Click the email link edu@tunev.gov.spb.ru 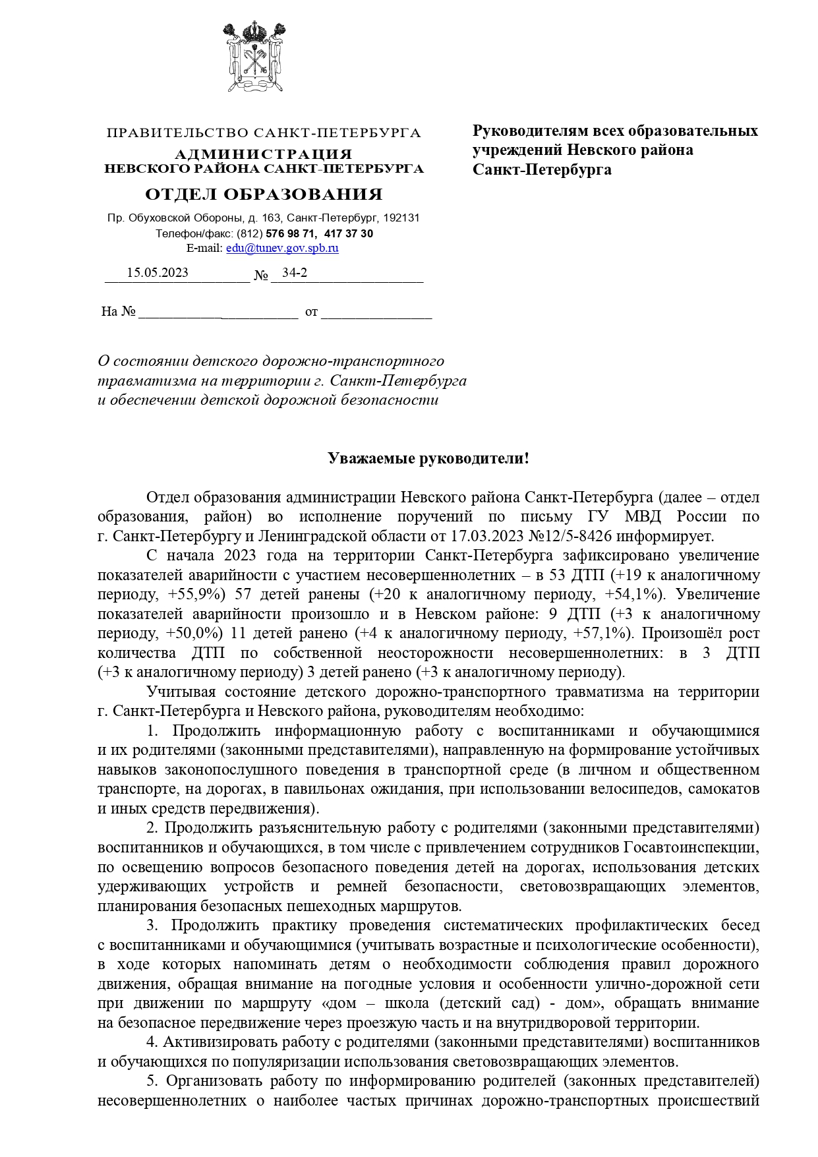coord(282,249)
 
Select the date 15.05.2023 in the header coord(158,273)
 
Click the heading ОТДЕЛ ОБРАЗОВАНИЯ coord(264,194)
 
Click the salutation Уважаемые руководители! coord(428,458)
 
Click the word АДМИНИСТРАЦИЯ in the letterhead coord(264,154)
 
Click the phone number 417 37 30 coord(349,233)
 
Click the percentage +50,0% coord(195,634)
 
